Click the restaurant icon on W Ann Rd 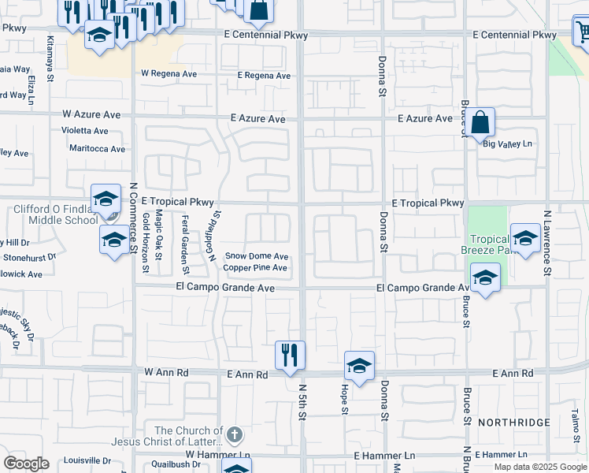click(290, 355)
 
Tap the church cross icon click(234, 434)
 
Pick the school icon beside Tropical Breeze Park click(525, 236)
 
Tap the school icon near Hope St click(359, 366)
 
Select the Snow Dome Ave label click(257, 256)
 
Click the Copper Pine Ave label click(255, 268)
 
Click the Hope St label click(344, 400)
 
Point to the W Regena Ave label click(169, 73)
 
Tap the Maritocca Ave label click(96, 148)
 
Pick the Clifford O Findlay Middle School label click(55, 214)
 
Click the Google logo click(26, 464)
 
